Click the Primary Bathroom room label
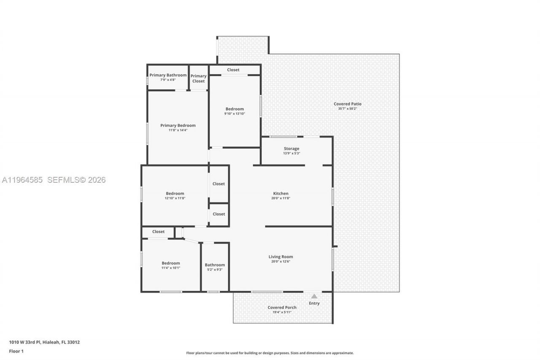[168, 75]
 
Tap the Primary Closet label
[198, 78]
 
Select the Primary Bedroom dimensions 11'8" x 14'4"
[178, 130]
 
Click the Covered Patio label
[347, 104]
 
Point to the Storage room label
[291, 149]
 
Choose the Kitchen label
[281, 193]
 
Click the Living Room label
[281, 257]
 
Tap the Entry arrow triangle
[314, 296]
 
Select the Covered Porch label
[282, 307]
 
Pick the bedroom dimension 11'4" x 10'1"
[170, 268]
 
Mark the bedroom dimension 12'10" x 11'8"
[175, 198]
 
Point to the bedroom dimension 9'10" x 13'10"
[234, 114]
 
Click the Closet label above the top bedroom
[233, 70]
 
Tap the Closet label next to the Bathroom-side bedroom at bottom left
[158, 231]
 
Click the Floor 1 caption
[16, 351]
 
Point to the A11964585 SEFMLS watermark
[54, 180]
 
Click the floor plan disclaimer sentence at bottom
[270, 353]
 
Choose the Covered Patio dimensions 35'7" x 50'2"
[347, 109]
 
